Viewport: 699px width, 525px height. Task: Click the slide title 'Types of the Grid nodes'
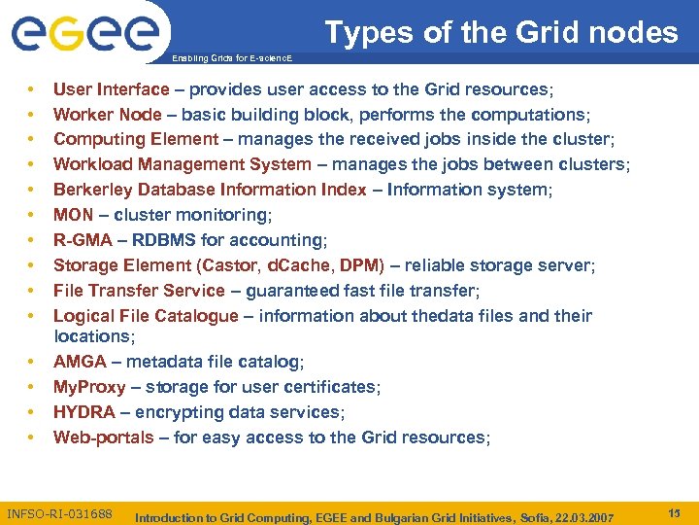pyautogui.click(x=501, y=33)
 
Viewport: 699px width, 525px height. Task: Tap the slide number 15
pyautogui.click(x=674, y=512)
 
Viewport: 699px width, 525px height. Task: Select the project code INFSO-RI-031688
pyautogui.click(x=59, y=513)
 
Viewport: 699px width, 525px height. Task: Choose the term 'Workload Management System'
pyautogui.click(x=183, y=165)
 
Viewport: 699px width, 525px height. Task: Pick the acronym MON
pyautogui.click(x=73, y=215)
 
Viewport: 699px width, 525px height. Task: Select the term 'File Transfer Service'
pyautogui.click(x=138, y=291)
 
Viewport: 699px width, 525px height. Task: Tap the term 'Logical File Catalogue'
pyautogui.click(x=146, y=316)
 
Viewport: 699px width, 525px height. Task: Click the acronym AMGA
pyautogui.click(x=80, y=362)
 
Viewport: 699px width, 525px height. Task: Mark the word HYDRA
pyautogui.click(x=83, y=412)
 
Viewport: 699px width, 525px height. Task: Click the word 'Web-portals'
pyautogui.click(x=103, y=437)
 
